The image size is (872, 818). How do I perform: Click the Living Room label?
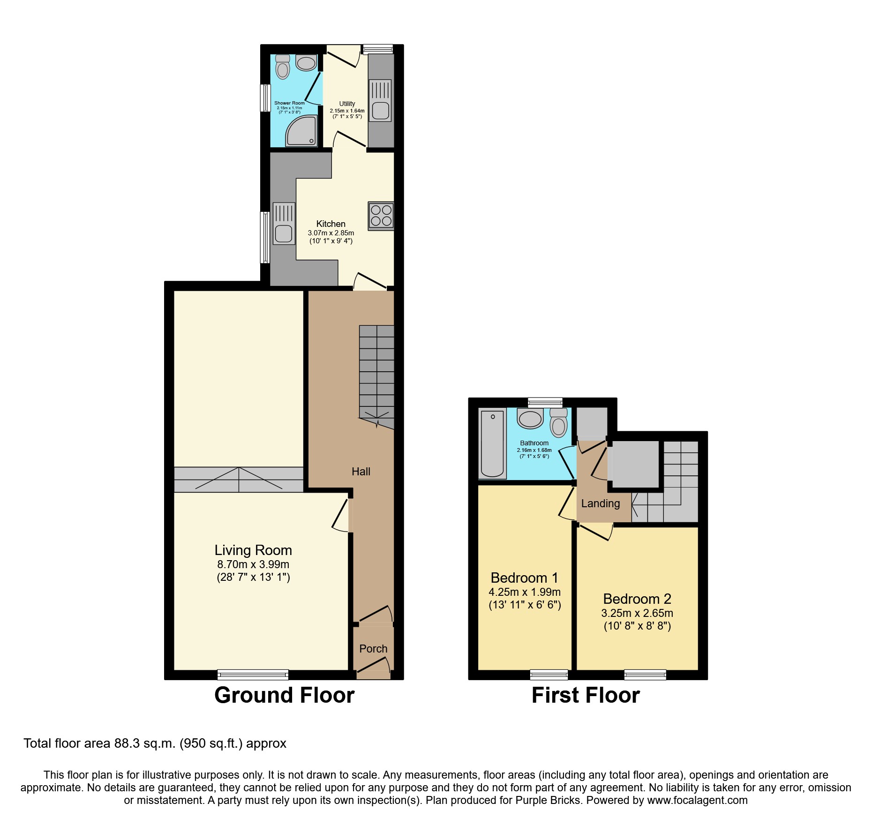pos(253,550)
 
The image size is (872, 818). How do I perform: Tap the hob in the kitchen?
pos(381,216)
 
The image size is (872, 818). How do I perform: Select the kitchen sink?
pos(284,224)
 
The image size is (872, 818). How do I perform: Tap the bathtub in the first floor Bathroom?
pos(492,443)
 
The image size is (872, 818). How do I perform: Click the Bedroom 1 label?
pos(524,578)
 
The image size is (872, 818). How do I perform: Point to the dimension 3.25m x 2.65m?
pos(637,613)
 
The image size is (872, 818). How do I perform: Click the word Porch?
pos(373,649)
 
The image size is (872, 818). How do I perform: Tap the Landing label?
pos(601,503)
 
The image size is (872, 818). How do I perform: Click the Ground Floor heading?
pos(284,695)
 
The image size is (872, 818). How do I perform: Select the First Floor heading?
pos(586,695)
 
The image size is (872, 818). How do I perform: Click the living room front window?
pos(253,675)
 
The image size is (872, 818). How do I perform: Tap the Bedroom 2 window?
pos(645,675)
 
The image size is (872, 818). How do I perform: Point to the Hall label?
pos(361,472)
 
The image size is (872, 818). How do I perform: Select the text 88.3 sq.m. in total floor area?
pos(145,743)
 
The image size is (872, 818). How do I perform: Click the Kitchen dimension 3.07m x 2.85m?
pos(331,233)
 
